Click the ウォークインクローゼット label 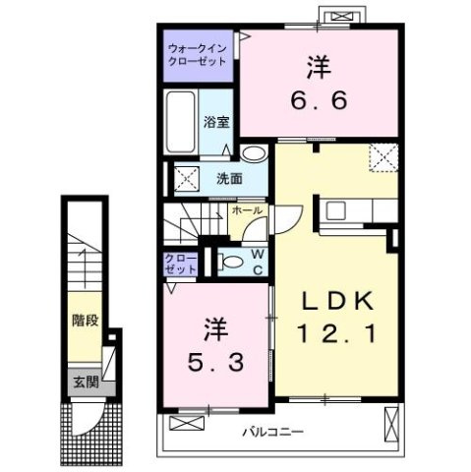[x=197, y=54]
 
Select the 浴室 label [x=216, y=122]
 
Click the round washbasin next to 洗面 [x=254, y=154]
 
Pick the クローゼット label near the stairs [x=181, y=263]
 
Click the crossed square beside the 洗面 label [x=183, y=179]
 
